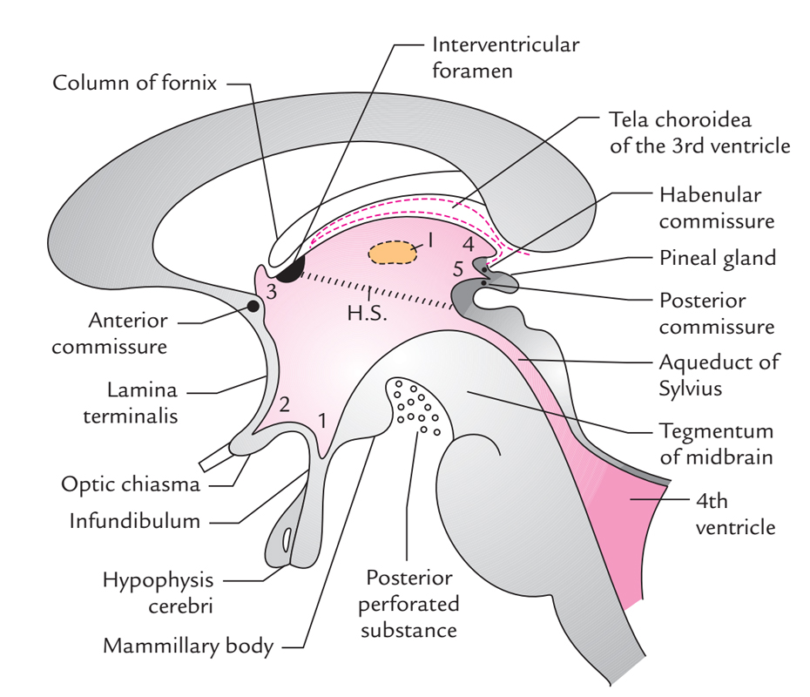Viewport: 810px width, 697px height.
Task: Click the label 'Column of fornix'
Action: (x=135, y=84)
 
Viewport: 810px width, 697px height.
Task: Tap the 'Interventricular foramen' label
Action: (x=505, y=56)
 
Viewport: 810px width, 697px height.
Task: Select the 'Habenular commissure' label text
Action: (x=716, y=206)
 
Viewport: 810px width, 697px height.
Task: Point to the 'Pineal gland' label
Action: (x=717, y=258)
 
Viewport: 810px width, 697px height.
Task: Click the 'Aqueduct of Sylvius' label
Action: (x=719, y=375)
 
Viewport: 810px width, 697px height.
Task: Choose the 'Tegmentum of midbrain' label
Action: (x=716, y=443)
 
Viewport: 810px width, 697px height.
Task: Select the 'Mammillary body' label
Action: (x=188, y=646)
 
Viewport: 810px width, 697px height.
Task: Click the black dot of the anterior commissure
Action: (x=253, y=306)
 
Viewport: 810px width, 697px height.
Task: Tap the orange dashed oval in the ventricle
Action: (x=391, y=253)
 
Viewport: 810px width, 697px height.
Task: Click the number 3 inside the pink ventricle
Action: (x=272, y=293)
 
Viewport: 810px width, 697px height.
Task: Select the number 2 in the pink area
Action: (x=283, y=404)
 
